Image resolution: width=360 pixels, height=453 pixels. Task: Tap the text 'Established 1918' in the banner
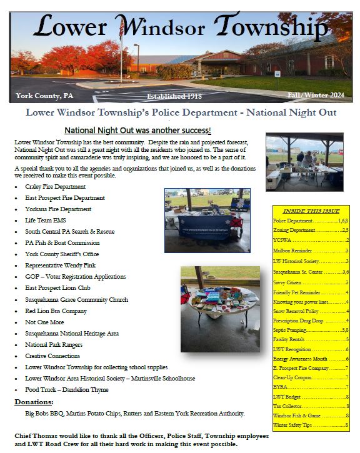177,96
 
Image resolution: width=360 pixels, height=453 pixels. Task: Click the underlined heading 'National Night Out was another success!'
137,131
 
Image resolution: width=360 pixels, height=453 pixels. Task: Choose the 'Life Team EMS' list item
46,220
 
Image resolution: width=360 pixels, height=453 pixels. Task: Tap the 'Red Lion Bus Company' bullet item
56,311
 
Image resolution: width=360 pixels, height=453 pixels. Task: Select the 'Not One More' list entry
43,322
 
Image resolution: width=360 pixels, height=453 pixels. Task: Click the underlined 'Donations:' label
34,402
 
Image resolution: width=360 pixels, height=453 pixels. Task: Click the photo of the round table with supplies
219,309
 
